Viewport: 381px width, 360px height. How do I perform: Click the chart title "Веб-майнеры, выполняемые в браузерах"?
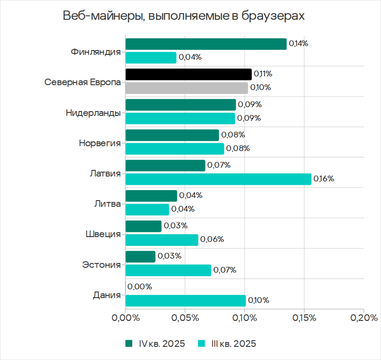coord(183,16)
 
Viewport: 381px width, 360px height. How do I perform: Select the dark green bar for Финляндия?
coord(206,44)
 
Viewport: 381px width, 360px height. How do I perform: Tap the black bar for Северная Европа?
coord(188,74)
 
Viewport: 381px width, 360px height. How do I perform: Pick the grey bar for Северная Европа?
coord(187,88)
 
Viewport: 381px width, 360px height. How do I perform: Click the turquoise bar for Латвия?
coord(218,179)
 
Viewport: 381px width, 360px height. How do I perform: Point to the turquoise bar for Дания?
coord(185,301)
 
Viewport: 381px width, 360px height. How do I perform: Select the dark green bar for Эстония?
coord(140,257)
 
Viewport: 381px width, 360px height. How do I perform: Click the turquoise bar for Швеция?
coord(162,240)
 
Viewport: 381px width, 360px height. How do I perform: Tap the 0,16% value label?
coord(324,179)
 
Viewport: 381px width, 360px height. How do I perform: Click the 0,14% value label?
coord(299,44)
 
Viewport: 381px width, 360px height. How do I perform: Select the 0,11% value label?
coord(263,74)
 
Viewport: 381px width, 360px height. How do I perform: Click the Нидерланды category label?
coord(93,113)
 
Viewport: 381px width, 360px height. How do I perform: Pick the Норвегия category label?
coord(100,143)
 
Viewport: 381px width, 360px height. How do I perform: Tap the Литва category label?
coord(108,204)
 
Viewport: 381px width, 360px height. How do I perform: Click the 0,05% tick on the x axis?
coord(185,318)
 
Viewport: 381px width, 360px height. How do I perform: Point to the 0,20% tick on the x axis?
coord(363,318)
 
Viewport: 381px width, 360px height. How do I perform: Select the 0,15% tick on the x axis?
coord(304,318)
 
